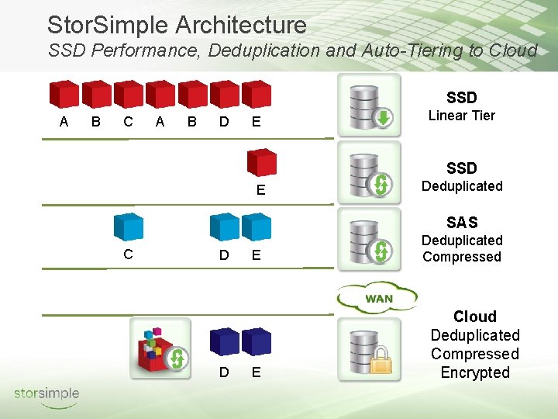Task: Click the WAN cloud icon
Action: pyautogui.click(x=377, y=297)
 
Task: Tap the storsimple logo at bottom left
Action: pyautogui.click(x=46, y=394)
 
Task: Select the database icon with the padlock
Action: pyautogui.click(x=370, y=348)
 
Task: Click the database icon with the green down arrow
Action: pyautogui.click(x=370, y=106)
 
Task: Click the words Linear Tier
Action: pyautogui.click(x=462, y=116)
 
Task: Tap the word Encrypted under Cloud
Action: pyautogui.click(x=475, y=372)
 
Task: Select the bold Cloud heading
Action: pyautogui.click(x=475, y=317)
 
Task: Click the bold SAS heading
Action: pyautogui.click(x=462, y=222)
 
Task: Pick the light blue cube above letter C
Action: pyautogui.click(x=129, y=227)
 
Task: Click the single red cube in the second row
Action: pyautogui.click(x=262, y=163)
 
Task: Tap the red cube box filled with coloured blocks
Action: pyautogui.click(x=159, y=348)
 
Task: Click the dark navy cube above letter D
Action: pyautogui.click(x=224, y=341)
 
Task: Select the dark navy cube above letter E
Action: pyautogui.click(x=257, y=341)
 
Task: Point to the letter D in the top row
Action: pyautogui.click(x=223, y=122)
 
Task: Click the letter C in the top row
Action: pyautogui.click(x=128, y=122)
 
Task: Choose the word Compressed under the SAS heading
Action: pyautogui.click(x=462, y=257)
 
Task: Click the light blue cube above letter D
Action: pyautogui.click(x=224, y=227)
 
